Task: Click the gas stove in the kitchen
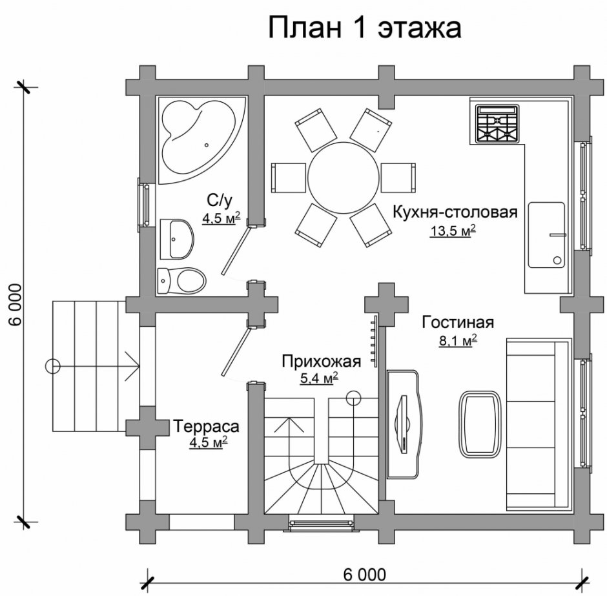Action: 497,124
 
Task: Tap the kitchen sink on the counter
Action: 546,234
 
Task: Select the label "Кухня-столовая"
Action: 455,212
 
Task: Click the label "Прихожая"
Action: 311,361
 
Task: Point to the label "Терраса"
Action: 206,426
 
